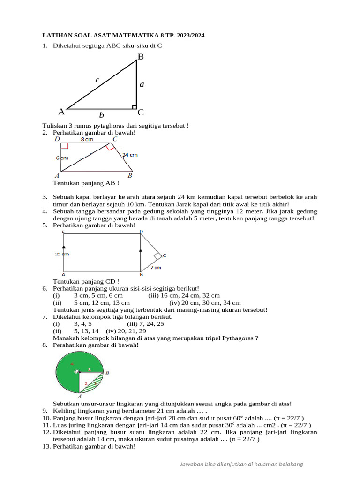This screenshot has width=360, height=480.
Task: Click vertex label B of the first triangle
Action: (140, 57)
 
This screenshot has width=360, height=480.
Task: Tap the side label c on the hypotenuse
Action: (97, 80)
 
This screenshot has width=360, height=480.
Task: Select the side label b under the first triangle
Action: (101, 115)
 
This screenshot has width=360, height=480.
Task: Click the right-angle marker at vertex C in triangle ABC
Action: (134, 107)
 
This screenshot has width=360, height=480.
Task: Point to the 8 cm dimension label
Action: (87, 139)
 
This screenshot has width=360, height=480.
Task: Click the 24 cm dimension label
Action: (130, 155)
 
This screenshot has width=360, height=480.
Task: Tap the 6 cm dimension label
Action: (62, 158)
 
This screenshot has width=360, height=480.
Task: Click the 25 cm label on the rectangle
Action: (62, 255)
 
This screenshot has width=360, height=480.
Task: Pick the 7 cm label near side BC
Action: (156, 268)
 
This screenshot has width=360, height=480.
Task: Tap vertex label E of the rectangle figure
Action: (63, 232)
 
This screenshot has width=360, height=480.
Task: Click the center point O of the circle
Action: (77, 372)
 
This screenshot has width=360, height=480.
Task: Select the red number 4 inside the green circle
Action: (72, 363)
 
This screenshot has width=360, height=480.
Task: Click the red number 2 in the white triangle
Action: (85, 383)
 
